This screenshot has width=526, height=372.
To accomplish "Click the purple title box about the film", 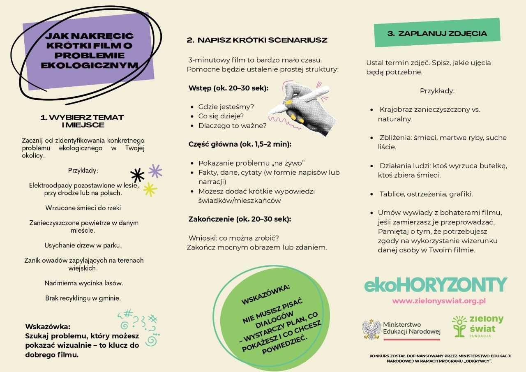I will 89,51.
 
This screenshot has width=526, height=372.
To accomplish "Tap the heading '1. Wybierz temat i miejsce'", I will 82,121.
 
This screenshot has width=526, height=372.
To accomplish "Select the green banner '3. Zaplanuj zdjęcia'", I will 437,33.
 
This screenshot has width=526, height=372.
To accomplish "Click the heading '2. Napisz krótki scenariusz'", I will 257,40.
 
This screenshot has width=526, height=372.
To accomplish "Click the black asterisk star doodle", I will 137,175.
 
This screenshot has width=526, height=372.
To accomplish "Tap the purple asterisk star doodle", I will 155,171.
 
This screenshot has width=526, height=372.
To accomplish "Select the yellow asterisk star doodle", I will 150,189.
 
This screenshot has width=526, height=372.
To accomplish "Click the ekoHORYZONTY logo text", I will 436,285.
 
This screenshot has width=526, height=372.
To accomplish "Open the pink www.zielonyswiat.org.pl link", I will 439,301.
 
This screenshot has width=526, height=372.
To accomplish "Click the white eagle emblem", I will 371,330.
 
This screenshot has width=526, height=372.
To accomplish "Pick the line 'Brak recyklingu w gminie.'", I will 83,298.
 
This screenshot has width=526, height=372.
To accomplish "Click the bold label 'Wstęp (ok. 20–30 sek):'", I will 228,88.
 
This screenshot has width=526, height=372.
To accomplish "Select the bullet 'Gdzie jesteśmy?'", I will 226,107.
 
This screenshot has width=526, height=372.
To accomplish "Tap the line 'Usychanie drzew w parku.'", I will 83,245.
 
